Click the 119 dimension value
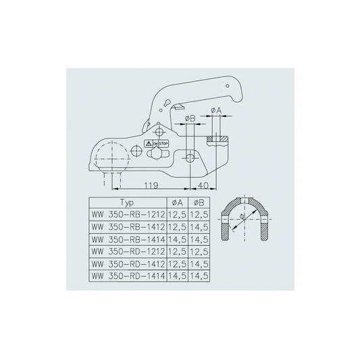click(x=151, y=185)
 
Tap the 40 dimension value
click(x=203, y=185)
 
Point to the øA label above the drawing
click(x=216, y=111)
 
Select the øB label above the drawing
click(x=190, y=118)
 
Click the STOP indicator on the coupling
click(x=163, y=144)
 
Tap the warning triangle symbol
click(x=149, y=144)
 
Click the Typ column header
click(x=127, y=203)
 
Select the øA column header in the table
click(x=177, y=203)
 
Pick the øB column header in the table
click(x=199, y=203)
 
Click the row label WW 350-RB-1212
click(x=128, y=215)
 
